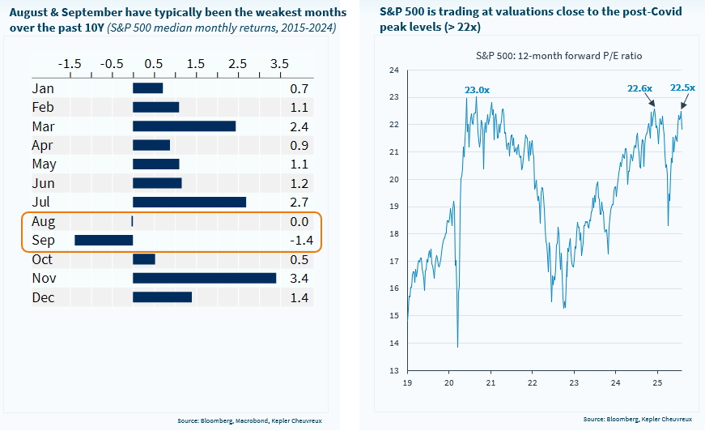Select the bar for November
pyautogui.click(x=204, y=278)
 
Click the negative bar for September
pyautogui.click(x=104, y=240)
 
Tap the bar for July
pyautogui.click(x=189, y=202)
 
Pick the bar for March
pyautogui.click(x=184, y=126)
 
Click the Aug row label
pyautogui.click(x=44, y=220)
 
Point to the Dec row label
pyautogui.click(x=43, y=297)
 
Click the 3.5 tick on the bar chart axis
pyautogui.click(x=278, y=63)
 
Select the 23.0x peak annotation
pyautogui.click(x=477, y=90)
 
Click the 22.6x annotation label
pyautogui.click(x=640, y=90)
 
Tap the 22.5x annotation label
pyautogui.click(x=683, y=87)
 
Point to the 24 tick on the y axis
pyautogui.click(x=394, y=70)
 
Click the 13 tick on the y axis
pyautogui.click(x=394, y=370)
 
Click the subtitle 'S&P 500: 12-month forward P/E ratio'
pyautogui.click(x=541, y=55)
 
